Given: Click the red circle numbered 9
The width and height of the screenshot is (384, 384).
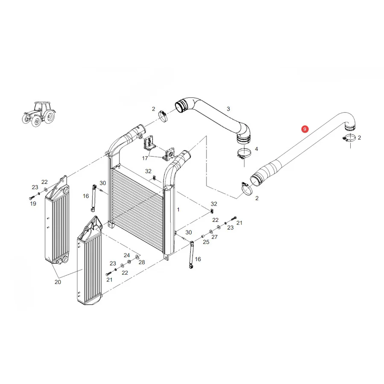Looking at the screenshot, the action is point(305,129).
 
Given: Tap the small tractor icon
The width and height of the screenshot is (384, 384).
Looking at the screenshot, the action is point(39,113).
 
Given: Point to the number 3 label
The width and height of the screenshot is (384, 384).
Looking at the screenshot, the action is point(228,109).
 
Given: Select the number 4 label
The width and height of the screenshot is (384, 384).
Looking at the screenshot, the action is point(256,149).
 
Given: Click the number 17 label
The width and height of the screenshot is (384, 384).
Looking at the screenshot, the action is point(145,158).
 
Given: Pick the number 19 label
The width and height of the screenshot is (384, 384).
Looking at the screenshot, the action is point(33,204).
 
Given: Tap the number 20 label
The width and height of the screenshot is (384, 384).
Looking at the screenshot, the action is point(58,282).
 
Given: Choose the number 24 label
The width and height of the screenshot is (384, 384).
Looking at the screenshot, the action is point(127,255).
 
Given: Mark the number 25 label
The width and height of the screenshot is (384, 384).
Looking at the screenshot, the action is point(206,242).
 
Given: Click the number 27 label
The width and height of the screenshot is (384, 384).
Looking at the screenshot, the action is point(215,237).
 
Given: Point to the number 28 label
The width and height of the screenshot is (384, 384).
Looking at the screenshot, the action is point(142,262).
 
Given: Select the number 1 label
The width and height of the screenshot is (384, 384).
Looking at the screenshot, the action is point(178,209).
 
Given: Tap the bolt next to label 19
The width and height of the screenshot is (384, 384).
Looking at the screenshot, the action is point(32,197).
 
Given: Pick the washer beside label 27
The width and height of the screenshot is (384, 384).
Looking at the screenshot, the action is point(211,232).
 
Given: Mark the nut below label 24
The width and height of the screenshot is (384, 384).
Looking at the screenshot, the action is point(129,262).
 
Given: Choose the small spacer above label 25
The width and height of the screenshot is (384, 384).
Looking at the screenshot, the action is point(203,236).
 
